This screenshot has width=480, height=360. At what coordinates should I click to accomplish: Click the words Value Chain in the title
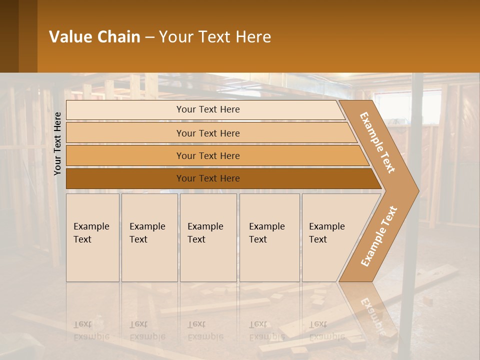click(94, 37)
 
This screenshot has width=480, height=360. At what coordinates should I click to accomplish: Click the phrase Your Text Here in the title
click(215, 37)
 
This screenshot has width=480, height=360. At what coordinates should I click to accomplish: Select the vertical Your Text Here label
click(57, 143)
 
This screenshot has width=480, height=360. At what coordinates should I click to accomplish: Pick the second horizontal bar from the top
click(207, 133)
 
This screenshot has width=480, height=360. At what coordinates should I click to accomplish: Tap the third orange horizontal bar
click(207, 155)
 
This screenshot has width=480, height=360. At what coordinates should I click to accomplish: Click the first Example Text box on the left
click(92, 237)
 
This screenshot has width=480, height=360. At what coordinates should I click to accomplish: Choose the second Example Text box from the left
click(149, 237)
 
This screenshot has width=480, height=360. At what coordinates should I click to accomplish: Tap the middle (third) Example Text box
click(208, 237)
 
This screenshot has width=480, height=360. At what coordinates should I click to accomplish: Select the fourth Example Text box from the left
click(269, 237)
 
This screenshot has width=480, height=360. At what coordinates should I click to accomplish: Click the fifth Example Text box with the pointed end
click(330, 237)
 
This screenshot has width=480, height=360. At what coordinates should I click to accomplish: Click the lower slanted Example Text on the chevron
click(378, 236)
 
